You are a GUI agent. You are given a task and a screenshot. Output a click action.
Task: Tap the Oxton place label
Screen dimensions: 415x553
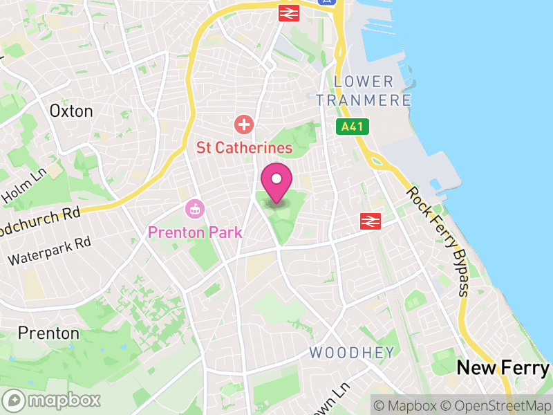[x=71, y=111]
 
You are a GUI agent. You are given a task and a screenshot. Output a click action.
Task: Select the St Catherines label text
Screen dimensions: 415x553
[x=244, y=147]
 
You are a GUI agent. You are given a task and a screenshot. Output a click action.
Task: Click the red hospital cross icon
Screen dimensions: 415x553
[x=243, y=125]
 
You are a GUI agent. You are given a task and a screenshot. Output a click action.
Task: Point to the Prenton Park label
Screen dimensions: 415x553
[x=195, y=232]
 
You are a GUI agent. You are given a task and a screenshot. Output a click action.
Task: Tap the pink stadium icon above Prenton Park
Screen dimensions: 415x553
[x=195, y=207]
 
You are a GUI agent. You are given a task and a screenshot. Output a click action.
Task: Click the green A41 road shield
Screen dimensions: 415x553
[x=354, y=127]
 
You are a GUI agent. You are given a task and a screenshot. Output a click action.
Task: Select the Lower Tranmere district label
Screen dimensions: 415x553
[x=364, y=91]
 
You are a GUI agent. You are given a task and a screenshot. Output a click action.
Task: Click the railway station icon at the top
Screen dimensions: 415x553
[x=289, y=12]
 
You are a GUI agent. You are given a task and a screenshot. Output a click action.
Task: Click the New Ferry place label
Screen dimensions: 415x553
[x=503, y=367]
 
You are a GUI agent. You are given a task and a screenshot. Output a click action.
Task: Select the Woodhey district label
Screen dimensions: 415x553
[x=352, y=353]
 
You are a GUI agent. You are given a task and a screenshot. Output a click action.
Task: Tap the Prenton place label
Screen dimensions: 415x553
[x=48, y=333]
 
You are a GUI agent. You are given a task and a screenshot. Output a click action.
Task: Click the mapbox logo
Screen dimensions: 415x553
[x=53, y=400]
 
